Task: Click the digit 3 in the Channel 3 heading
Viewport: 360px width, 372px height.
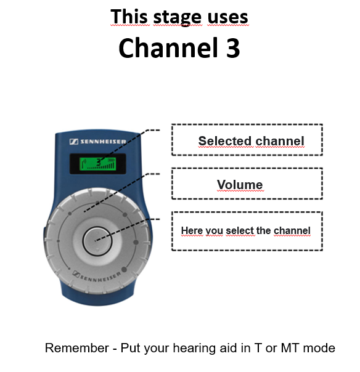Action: (x=233, y=47)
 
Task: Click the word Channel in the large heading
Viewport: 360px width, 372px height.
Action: (x=168, y=47)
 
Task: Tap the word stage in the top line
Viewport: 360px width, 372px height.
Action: (x=178, y=18)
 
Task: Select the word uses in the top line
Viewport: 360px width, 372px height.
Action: (x=227, y=18)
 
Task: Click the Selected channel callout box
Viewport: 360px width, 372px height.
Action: (x=247, y=140)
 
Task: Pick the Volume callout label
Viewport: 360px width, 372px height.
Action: (x=240, y=185)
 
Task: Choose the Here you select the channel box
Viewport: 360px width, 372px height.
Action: (x=247, y=231)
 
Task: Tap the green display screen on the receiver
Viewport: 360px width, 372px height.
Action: (x=97, y=163)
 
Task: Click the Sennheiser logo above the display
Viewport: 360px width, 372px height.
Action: (x=98, y=142)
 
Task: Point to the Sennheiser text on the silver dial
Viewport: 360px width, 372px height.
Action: (x=97, y=277)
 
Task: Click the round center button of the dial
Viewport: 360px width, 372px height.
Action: (x=97, y=241)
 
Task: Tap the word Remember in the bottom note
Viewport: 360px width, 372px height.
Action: (x=76, y=348)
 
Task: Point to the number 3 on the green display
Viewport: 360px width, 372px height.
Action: (x=99, y=162)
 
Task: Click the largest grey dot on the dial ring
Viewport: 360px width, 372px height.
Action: (x=124, y=270)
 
